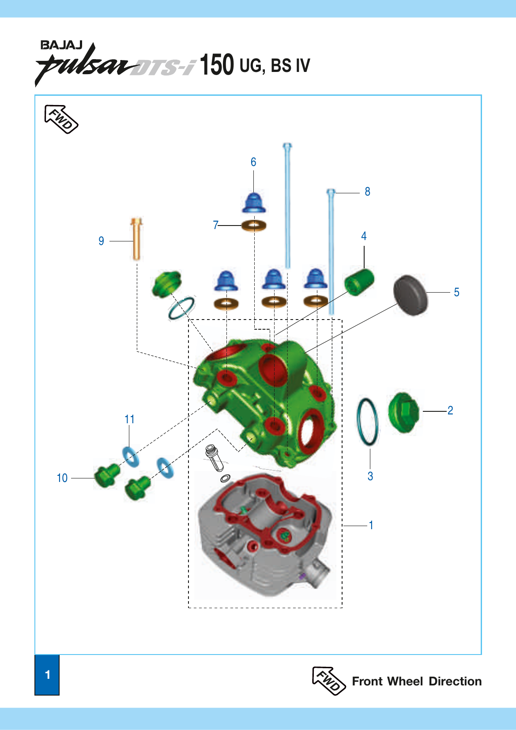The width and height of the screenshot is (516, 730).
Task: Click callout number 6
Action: click(x=253, y=162)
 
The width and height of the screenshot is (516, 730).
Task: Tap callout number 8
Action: click(x=367, y=192)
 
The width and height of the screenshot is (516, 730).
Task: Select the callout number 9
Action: click(x=102, y=241)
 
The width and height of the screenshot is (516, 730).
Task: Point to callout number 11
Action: click(x=129, y=419)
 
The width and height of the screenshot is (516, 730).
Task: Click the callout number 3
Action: click(x=370, y=476)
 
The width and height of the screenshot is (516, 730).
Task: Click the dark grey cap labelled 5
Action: click(x=411, y=295)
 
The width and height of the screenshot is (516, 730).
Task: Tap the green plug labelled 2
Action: click(x=403, y=412)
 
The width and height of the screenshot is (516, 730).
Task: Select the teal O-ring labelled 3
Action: click(x=367, y=422)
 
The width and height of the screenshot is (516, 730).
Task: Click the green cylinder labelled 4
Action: click(x=359, y=282)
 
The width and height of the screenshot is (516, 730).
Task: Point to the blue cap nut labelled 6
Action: click(x=253, y=203)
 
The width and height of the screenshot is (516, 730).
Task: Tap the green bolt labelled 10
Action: click(x=107, y=476)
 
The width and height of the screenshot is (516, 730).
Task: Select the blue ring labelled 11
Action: click(x=131, y=456)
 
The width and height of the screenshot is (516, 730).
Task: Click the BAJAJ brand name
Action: click(x=61, y=45)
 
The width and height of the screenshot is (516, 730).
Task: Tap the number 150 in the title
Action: click(x=217, y=65)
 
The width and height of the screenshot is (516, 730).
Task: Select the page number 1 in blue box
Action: click(x=47, y=674)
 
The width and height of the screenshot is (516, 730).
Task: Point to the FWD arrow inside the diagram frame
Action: click(x=61, y=119)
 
